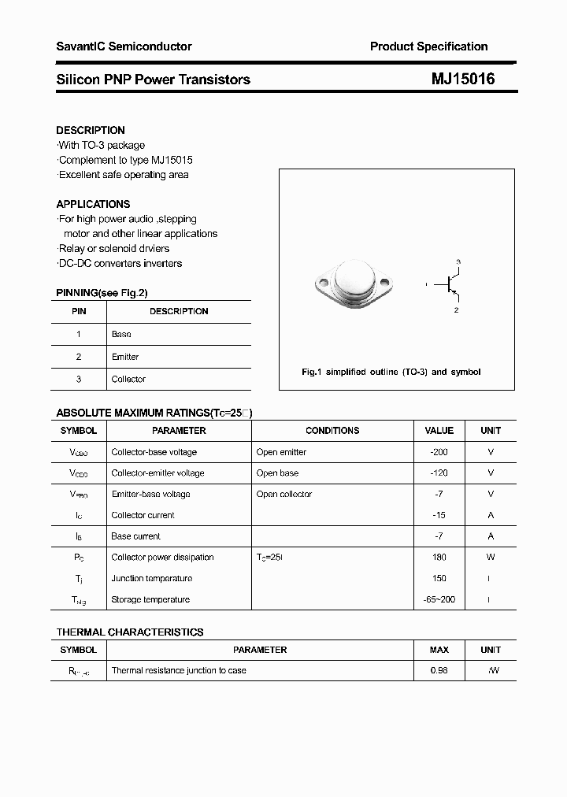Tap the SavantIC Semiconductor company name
tap(124, 46)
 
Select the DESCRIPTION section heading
tap(91, 130)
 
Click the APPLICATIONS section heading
tap(93, 204)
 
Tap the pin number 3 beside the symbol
tap(458, 261)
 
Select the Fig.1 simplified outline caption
tap(391, 372)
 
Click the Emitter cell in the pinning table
tap(125, 357)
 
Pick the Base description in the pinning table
tap(121, 334)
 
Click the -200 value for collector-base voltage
tap(439, 452)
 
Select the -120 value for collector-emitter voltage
tap(439, 473)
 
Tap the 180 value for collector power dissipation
tap(439, 557)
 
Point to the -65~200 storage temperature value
tap(439, 599)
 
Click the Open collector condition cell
tap(284, 494)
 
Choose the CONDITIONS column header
tap(332, 431)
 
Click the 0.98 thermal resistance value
tap(439, 670)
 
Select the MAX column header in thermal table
tap(439, 650)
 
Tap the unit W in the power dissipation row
tap(491, 557)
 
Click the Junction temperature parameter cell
tap(151, 578)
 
